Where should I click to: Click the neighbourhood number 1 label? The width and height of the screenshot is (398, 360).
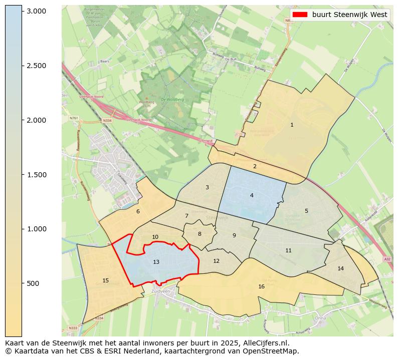coord(292,125)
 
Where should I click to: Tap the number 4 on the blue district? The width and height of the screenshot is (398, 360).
coord(252,195)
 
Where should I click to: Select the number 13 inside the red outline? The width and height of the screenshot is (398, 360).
coord(156,262)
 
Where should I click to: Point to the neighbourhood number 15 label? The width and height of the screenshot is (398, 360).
coord(105,280)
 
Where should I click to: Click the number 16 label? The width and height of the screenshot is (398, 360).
coord(261,286)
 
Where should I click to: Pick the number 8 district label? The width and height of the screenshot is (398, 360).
coord(200,234)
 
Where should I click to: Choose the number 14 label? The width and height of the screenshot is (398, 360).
coord(341,268)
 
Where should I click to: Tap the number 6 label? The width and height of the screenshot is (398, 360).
coord(138,211)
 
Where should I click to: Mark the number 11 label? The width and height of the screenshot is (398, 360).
coord(288,250)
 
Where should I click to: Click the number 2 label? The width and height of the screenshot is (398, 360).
coord(255,166)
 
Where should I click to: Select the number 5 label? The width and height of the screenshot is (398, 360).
coord(306,211)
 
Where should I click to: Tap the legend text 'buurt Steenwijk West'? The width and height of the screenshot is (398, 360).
coord(349,15)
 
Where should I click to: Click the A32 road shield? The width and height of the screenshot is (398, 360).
coord(386,259)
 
